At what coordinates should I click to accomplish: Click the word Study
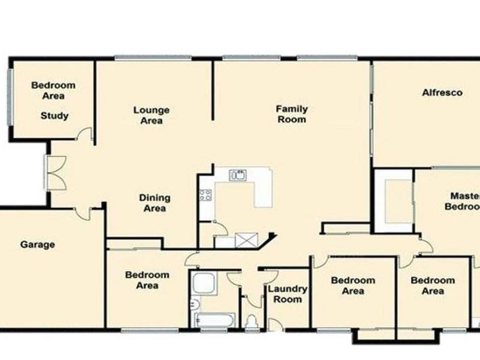(x=55, y=116)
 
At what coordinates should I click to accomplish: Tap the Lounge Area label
(x=151, y=115)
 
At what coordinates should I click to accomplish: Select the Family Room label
(x=292, y=114)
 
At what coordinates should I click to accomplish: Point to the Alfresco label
(x=442, y=93)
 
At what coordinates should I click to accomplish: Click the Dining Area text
(x=155, y=203)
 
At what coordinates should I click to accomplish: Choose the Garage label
(x=38, y=244)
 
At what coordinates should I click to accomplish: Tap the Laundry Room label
(x=287, y=294)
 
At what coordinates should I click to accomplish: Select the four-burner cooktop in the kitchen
(x=205, y=194)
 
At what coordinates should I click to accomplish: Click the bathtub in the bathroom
(x=213, y=320)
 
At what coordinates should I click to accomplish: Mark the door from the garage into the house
(x=82, y=212)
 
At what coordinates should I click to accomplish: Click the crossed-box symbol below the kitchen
(x=246, y=241)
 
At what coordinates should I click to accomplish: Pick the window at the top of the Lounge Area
(x=153, y=58)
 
